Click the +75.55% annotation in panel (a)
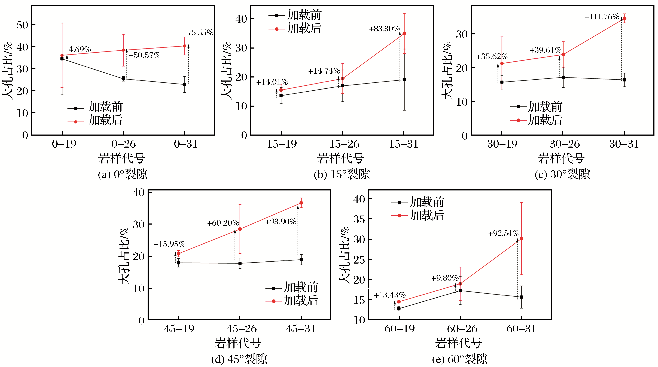click(x=198, y=33)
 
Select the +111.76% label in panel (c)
click(x=602, y=17)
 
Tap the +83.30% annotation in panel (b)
click(x=384, y=29)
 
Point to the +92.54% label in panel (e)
click(x=504, y=233)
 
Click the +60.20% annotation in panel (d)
click(x=223, y=223)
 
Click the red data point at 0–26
click(x=123, y=50)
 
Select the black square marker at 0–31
click(x=184, y=84)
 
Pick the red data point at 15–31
click(x=404, y=33)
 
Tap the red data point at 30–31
click(x=625, y=18)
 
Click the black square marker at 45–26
click(x=240, y=263)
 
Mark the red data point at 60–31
click(x=521, y=239)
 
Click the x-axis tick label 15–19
click(x=282, y=144)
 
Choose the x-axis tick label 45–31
click(x=301, y=329)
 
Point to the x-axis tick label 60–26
click(x=462, y=329)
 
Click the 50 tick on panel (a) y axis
click(x=22, y=25)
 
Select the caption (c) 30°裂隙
click(x=562, y=174)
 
